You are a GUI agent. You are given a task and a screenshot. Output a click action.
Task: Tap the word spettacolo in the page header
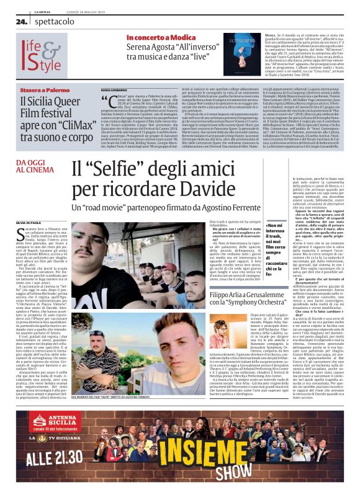tap(52, 20)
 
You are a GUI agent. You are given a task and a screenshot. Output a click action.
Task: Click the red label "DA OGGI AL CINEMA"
tap(37, 166)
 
